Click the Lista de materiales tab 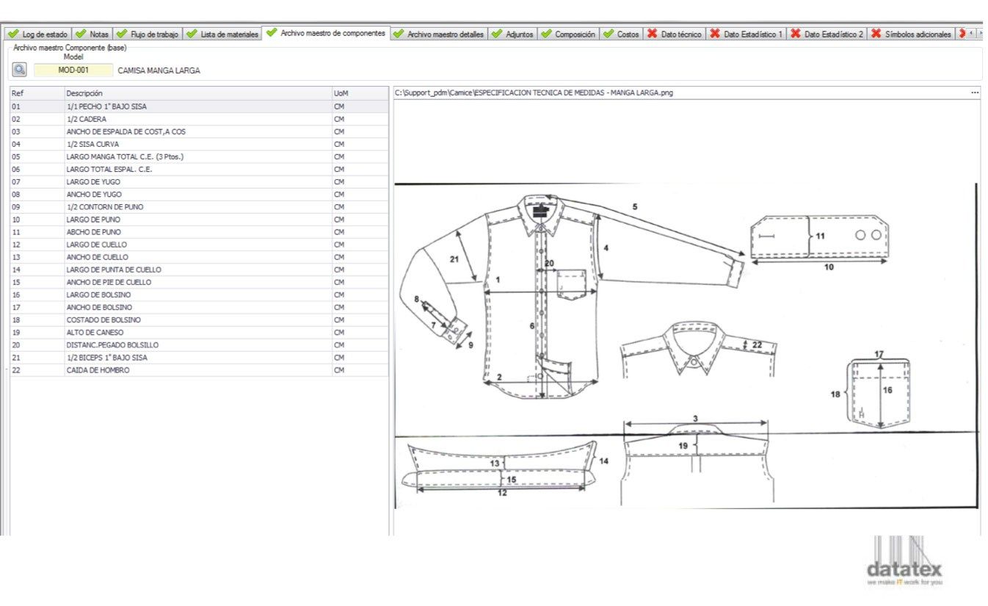[x=223, y=35]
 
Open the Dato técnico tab [x=675, y=35]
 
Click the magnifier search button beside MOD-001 [x=19, y=70]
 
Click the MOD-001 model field [x=73, y=71]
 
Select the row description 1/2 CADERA [x=86, y=119]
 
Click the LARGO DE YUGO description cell [x=93, y=181]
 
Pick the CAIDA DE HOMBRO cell [x=98, y=370]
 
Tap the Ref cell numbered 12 [x=16, y=245]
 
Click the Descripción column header [x=84, y=93]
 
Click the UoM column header [x=341, y=93]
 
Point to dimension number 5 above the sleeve [x=635, y=207]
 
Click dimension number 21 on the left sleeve [x=454, y=259]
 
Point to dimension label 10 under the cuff [x=829, y=267]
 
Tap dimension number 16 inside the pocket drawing [x=887, y=390]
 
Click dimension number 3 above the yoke [x=695, y=419]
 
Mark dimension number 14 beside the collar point [x=603, y=461]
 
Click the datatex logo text [x=904, y=569]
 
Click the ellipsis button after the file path [x=975, y=93]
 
